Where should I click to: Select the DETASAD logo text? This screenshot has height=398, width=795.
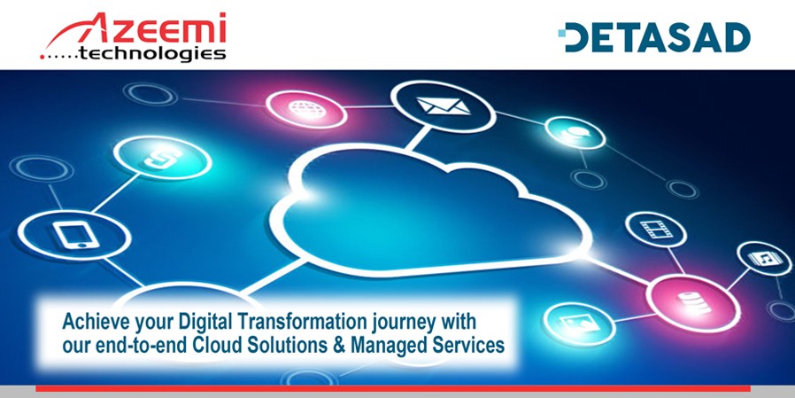coord(658,37)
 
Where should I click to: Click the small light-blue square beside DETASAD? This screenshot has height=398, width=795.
coord(561,34)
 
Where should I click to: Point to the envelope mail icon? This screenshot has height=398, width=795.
coord(444,106)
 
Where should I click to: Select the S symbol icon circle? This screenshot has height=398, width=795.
coord(162,158)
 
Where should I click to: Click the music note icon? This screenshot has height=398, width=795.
coord(763,259)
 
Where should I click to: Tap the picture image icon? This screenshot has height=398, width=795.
coord(578,324)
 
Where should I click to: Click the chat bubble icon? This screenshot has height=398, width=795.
coord(576,132)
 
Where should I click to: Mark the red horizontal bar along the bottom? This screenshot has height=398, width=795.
coord(392,388)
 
